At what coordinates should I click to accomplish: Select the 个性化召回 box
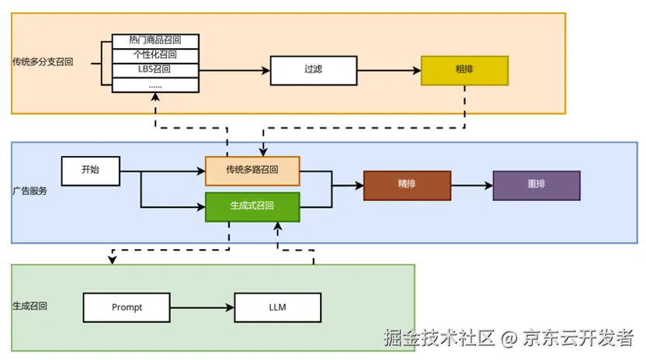(155, 55)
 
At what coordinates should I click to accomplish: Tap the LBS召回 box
(155, 70)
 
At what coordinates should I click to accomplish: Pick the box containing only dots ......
(155, 85)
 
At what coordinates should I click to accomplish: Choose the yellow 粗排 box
(464, 70)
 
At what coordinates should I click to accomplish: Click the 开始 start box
(91, 171)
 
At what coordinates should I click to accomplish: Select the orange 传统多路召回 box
(252, 171)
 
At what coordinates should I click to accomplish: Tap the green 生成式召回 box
(252, 206)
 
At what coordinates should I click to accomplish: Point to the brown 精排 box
(407, 185)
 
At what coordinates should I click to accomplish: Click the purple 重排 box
(536, 185)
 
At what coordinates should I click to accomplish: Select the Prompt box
(127, 307)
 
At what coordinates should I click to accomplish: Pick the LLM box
(277, 307)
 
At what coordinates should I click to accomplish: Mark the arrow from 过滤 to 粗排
(388, 70)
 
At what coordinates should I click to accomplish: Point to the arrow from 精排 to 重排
(471, 185)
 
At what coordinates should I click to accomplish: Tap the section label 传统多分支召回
(43, 61)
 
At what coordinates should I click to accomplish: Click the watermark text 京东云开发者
(578, 338)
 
